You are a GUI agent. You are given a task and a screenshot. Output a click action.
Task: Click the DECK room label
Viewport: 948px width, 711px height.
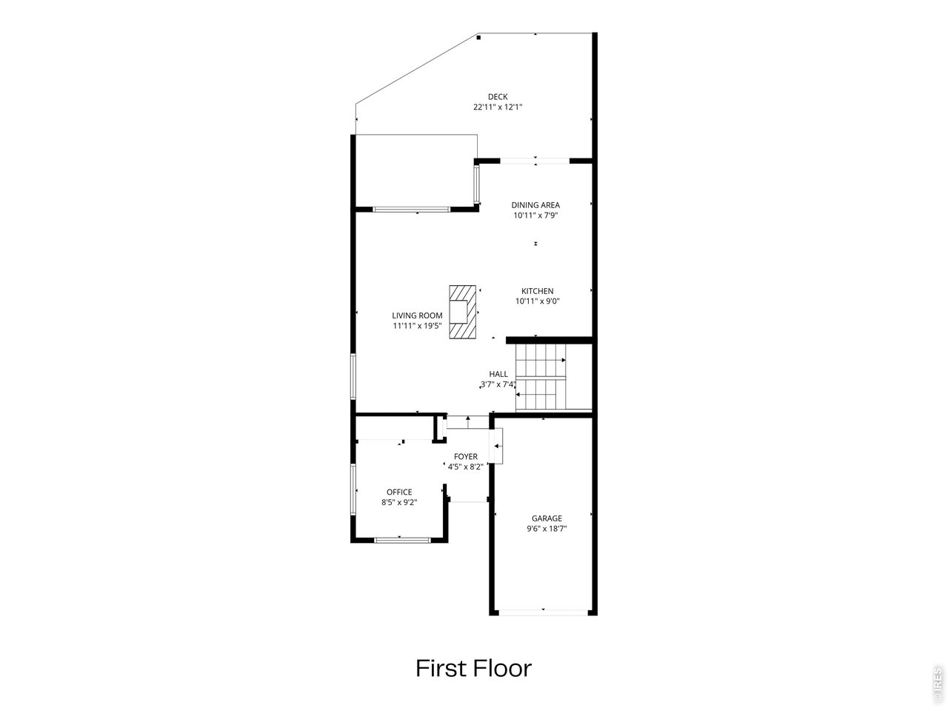498,97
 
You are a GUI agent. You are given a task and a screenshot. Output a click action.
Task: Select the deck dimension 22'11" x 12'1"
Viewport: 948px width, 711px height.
498,107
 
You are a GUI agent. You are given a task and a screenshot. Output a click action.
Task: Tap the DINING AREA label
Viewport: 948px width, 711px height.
535,205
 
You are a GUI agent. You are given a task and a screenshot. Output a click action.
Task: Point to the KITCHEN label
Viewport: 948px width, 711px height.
537,291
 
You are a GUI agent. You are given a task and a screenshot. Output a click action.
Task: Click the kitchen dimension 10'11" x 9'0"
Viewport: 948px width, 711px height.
537,301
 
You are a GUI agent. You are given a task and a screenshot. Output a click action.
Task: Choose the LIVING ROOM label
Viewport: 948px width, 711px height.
417,316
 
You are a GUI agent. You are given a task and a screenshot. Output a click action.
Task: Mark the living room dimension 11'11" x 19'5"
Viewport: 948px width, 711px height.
417,326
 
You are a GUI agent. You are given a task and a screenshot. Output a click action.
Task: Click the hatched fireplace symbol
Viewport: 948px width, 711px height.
463,312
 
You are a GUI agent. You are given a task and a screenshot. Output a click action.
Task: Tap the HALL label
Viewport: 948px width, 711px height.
498,374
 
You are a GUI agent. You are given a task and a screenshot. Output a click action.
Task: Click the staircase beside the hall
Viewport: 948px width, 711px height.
541,376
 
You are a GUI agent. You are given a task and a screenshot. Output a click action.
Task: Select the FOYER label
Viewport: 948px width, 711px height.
466,456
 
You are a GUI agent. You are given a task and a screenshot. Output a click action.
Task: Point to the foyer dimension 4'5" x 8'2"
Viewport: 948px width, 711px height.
465,467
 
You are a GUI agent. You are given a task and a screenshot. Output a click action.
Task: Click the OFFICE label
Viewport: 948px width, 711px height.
399,492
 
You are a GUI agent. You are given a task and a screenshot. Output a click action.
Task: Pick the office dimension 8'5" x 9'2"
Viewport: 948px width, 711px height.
399,502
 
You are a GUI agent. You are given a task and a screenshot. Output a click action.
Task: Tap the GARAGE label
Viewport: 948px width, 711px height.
547,518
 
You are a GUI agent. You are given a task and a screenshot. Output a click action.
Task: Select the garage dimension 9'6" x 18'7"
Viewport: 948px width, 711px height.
547,529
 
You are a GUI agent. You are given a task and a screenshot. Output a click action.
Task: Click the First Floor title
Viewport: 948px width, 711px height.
474,669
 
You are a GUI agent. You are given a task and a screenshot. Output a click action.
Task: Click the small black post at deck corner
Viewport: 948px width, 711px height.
478,38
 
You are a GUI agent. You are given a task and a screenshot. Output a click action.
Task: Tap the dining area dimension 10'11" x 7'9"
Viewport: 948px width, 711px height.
535,216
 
